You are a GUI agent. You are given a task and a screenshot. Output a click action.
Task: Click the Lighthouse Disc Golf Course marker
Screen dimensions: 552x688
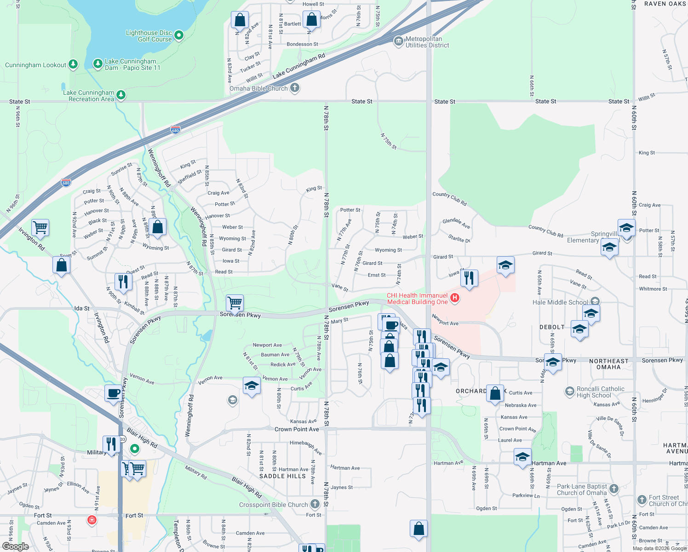(179, 35)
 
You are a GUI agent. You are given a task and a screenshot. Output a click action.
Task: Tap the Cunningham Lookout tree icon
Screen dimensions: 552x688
(73, 64)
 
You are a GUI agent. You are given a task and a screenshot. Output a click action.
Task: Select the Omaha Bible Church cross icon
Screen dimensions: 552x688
(295, 87)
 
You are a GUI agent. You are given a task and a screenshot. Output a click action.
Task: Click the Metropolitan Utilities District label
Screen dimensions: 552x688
(427, 42)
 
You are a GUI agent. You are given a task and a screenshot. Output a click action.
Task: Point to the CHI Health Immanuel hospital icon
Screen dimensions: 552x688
(454, 298)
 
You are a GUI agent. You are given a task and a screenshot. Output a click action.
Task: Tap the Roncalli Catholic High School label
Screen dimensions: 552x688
(600, 392)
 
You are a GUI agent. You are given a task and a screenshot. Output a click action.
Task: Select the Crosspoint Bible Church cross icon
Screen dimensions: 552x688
(315, 504)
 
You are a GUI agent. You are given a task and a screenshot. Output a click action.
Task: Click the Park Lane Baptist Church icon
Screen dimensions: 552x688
(614, 489)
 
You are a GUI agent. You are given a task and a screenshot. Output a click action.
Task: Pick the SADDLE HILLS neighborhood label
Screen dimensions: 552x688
(282, 476)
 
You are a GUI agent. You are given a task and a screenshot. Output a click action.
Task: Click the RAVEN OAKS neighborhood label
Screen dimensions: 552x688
(665, 4)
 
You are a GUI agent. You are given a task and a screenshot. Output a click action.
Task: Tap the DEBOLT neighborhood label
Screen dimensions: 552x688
(552, 327)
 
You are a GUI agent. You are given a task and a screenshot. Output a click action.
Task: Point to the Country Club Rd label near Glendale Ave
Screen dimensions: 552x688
(450, 199)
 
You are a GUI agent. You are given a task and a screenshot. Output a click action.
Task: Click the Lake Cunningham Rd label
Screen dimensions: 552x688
(299, 66)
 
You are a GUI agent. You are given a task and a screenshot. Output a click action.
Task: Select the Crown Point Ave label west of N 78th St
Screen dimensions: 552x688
(297, 429)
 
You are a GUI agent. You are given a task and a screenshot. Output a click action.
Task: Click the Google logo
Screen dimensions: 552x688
(15, 546)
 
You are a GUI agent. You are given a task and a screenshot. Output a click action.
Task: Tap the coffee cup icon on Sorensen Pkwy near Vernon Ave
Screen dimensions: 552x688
(113, 394)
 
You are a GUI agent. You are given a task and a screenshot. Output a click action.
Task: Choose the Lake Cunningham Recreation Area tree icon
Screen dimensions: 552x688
(121, 95)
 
